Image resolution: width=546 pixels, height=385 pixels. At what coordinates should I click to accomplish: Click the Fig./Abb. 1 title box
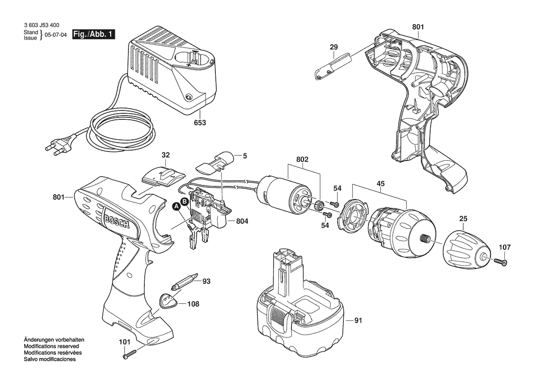[94, 34]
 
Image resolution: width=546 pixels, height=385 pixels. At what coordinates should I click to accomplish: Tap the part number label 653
[200, 123]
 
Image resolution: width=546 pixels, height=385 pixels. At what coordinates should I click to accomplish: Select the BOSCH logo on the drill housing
[116, 220]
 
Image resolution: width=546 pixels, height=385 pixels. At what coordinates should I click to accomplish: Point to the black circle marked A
[177, 207]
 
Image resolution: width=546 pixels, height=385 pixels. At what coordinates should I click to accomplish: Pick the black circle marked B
[185, 201]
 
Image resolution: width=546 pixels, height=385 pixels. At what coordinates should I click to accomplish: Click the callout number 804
[242, 221]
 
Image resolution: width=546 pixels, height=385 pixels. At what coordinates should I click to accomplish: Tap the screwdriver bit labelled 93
[184, 282]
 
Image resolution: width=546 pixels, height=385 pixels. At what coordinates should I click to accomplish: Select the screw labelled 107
[500, 261]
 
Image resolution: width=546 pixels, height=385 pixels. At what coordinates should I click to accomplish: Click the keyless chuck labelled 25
[466, 249]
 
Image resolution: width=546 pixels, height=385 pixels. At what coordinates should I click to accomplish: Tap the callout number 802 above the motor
[302, 159]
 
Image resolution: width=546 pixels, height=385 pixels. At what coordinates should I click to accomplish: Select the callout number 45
[381, 184]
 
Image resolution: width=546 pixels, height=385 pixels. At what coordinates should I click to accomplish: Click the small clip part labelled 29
[333, 66]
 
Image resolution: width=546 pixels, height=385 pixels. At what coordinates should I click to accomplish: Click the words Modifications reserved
[51, 346]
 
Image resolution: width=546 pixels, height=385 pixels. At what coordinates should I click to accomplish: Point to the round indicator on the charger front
[189, 97]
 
